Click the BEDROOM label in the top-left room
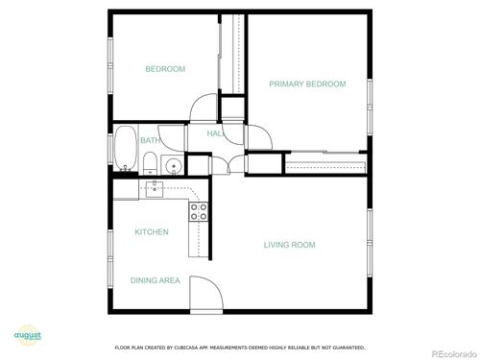[x=165, y=69]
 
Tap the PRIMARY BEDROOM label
[x=307, y=84]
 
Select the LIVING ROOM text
[x=289, y=245]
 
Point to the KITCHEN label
[x=152, y=232]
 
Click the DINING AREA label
[x=156, y=280]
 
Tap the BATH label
[x=151, y=141]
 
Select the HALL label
[x=216, y=134]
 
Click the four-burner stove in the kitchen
[x=199, y=211]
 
